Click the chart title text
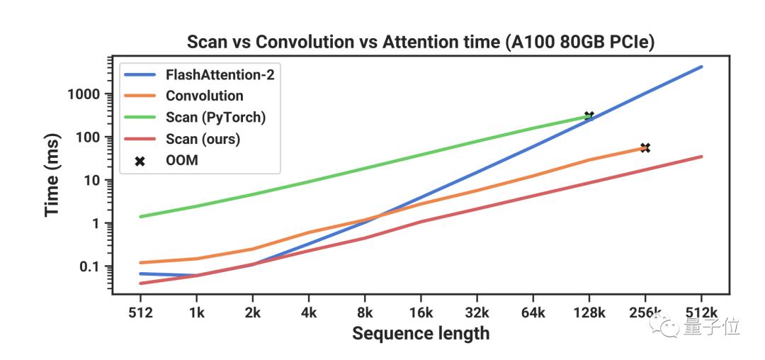[420, 42]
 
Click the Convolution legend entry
[204, 96]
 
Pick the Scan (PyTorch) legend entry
[215, 117]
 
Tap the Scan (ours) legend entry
[203, 139]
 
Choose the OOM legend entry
[181, 160]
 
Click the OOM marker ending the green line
[588, 116]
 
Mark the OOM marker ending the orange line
[645, 147]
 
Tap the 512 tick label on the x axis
[140, 311]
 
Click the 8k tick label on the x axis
[365, 311]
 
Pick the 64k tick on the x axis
[533, 311]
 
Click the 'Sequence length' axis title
[421, 332]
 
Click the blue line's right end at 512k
[701, 67]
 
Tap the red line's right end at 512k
[701, 157]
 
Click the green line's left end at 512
[141, 216]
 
